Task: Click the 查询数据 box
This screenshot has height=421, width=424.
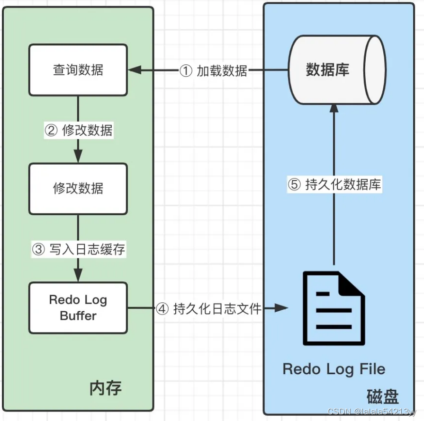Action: [x=78, y=70]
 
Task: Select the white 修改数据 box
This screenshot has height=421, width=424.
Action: [x=78, y=189]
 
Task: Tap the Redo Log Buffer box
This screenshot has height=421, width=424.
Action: [x=78, y=307]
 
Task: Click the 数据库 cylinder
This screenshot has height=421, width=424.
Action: [x=336, y=70]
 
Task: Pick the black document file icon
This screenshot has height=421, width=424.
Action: [x=334, y=308]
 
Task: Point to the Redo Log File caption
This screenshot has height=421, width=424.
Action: [x=334, y=369]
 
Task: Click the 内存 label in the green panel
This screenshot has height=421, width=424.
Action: [x=105, y=388]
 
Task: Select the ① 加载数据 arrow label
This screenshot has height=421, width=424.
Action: [x=214, y=71]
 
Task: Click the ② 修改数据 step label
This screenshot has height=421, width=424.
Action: [x=79, y=130]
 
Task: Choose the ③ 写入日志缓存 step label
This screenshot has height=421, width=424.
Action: [x=79, y=249]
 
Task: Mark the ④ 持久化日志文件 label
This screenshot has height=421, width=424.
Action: [x=209, y=309]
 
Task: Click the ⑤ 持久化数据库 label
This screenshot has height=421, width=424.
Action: [x=334, y=185]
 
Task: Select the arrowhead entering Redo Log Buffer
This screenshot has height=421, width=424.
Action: [x=78, y=276]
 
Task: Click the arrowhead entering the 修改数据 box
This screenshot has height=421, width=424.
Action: [x=78, y=157]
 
